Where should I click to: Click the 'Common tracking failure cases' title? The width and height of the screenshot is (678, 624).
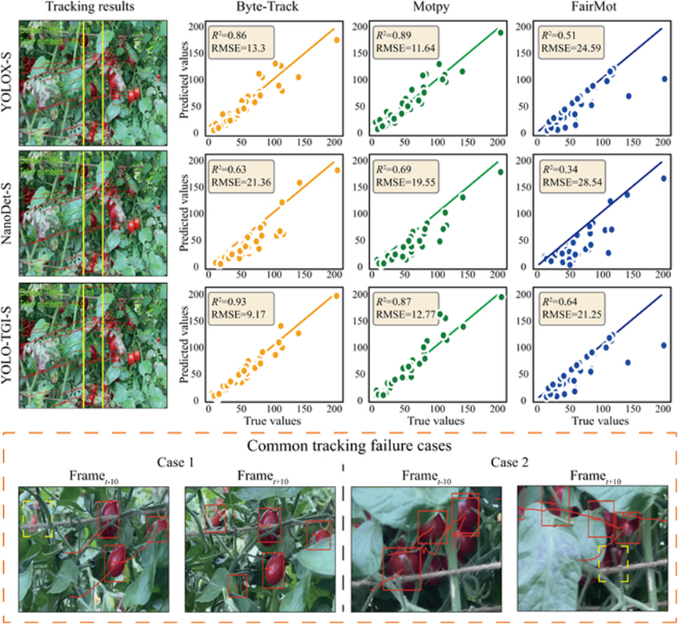[x=339, y=446]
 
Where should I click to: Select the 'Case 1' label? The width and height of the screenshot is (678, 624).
[x=176, y=463]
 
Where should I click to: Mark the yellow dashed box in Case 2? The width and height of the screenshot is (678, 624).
[x=613, y=564]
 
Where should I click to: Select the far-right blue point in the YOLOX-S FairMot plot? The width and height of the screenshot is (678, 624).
[x=664, y=78]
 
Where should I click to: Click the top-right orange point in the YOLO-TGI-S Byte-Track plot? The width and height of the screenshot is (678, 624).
[x=337, y=296]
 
